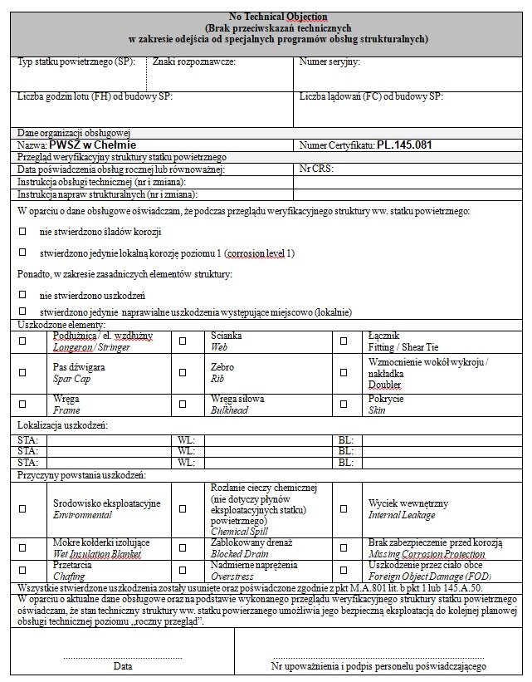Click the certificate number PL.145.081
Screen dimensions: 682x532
(405, 145)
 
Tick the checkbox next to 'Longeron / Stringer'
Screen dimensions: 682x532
(22, 341)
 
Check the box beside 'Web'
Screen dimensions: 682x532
(183, 341)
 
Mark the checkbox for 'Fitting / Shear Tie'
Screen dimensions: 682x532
(343, 341)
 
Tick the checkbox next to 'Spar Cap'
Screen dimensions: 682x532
(22, 373)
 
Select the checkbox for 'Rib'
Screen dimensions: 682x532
(183, 373)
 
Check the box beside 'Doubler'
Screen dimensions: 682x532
(343, 373)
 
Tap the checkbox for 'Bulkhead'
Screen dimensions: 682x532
(183, 405)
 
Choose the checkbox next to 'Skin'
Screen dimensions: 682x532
(343, 405)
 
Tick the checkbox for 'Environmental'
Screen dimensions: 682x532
(22, 509)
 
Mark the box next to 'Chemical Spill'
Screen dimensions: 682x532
(183, 509)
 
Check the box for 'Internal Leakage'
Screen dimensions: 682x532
(343, 509)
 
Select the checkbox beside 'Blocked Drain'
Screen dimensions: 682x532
(183, 548)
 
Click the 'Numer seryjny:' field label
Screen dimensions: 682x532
(329, 62)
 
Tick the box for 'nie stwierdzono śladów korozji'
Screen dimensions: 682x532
(22, 231)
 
